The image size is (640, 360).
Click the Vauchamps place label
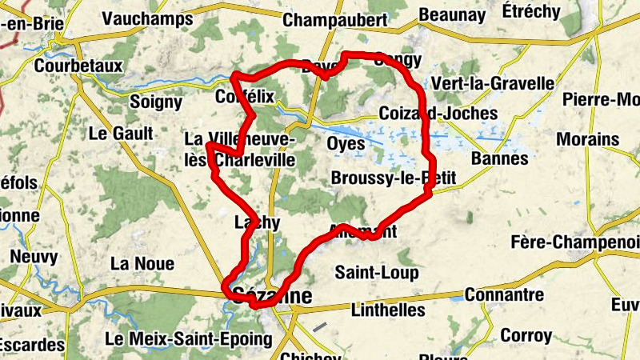(148, 18)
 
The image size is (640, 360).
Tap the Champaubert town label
(335, 20)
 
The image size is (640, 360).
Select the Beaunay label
(452, 14)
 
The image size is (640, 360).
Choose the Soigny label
(156, 102)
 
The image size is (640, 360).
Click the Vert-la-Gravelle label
(493, 84)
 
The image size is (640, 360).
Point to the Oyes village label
(346, 144)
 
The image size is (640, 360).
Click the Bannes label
(501, 158)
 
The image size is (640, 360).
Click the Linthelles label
(388, 309)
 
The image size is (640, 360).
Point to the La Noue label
(142, 263)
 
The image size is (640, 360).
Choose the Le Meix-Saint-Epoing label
(188, 339)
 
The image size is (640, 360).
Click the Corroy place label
(526, 335)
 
